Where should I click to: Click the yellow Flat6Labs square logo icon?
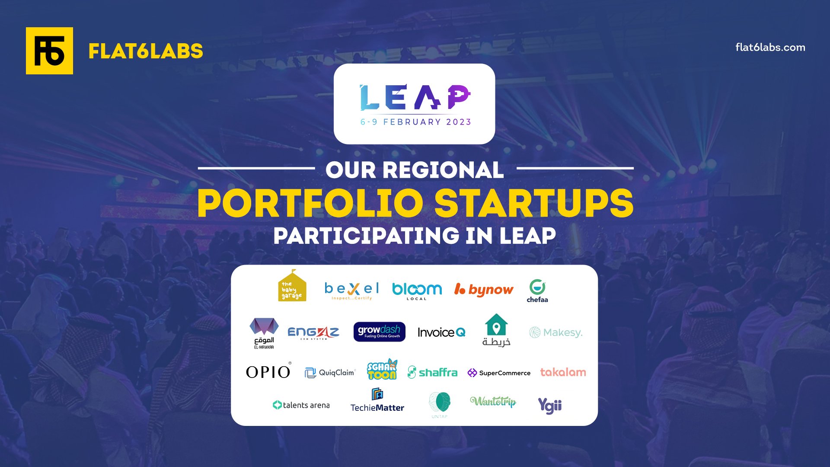[x=49, y=51]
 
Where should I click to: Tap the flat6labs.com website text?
[x=770, y=48]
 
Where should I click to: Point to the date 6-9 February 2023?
[x=415, y=122]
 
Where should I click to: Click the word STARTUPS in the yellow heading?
[x=534, y=203]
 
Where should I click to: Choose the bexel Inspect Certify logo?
[x=352, y=290]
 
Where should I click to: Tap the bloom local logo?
[x=417, y=291]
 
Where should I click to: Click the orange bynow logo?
[x=484, y=290]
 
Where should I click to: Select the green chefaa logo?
[x=537, y=291]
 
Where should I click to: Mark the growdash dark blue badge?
[x=379, y=332]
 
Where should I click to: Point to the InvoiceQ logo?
[x=441, y=332]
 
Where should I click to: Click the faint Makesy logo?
[x=556, y=333]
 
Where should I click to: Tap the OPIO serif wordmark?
[x=268, y=372]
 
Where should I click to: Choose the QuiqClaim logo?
[x=330, y=372]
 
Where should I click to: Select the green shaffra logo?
[x=432, y=372]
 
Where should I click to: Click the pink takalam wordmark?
[x=563, y=372]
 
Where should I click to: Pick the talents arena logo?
[x=301, y=405]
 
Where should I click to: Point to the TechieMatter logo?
[x=377, y=401]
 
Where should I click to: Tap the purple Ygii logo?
[x=549, y=406]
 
